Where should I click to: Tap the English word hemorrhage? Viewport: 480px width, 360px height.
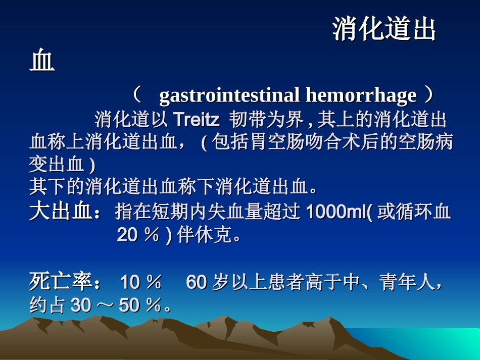pyautogui.click(x=361, y=95)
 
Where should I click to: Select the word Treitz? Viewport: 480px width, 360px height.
pyautogui.click(x=196, y=120)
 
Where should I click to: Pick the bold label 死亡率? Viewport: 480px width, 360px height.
pyautogui.click(x=60, y=282)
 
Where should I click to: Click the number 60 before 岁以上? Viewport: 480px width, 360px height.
pyautogui.click(x=197, y=283)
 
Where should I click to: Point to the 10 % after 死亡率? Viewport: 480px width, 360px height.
pyautogui.click(x=141, y=283)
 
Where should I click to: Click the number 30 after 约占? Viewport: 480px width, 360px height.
pyautogui.click(x=81, y=305)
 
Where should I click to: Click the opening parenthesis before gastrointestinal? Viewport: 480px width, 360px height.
pyautogui.click(x=137, y=95)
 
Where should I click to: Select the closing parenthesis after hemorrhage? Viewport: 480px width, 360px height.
pyautogui.click(x=428, y=95)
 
